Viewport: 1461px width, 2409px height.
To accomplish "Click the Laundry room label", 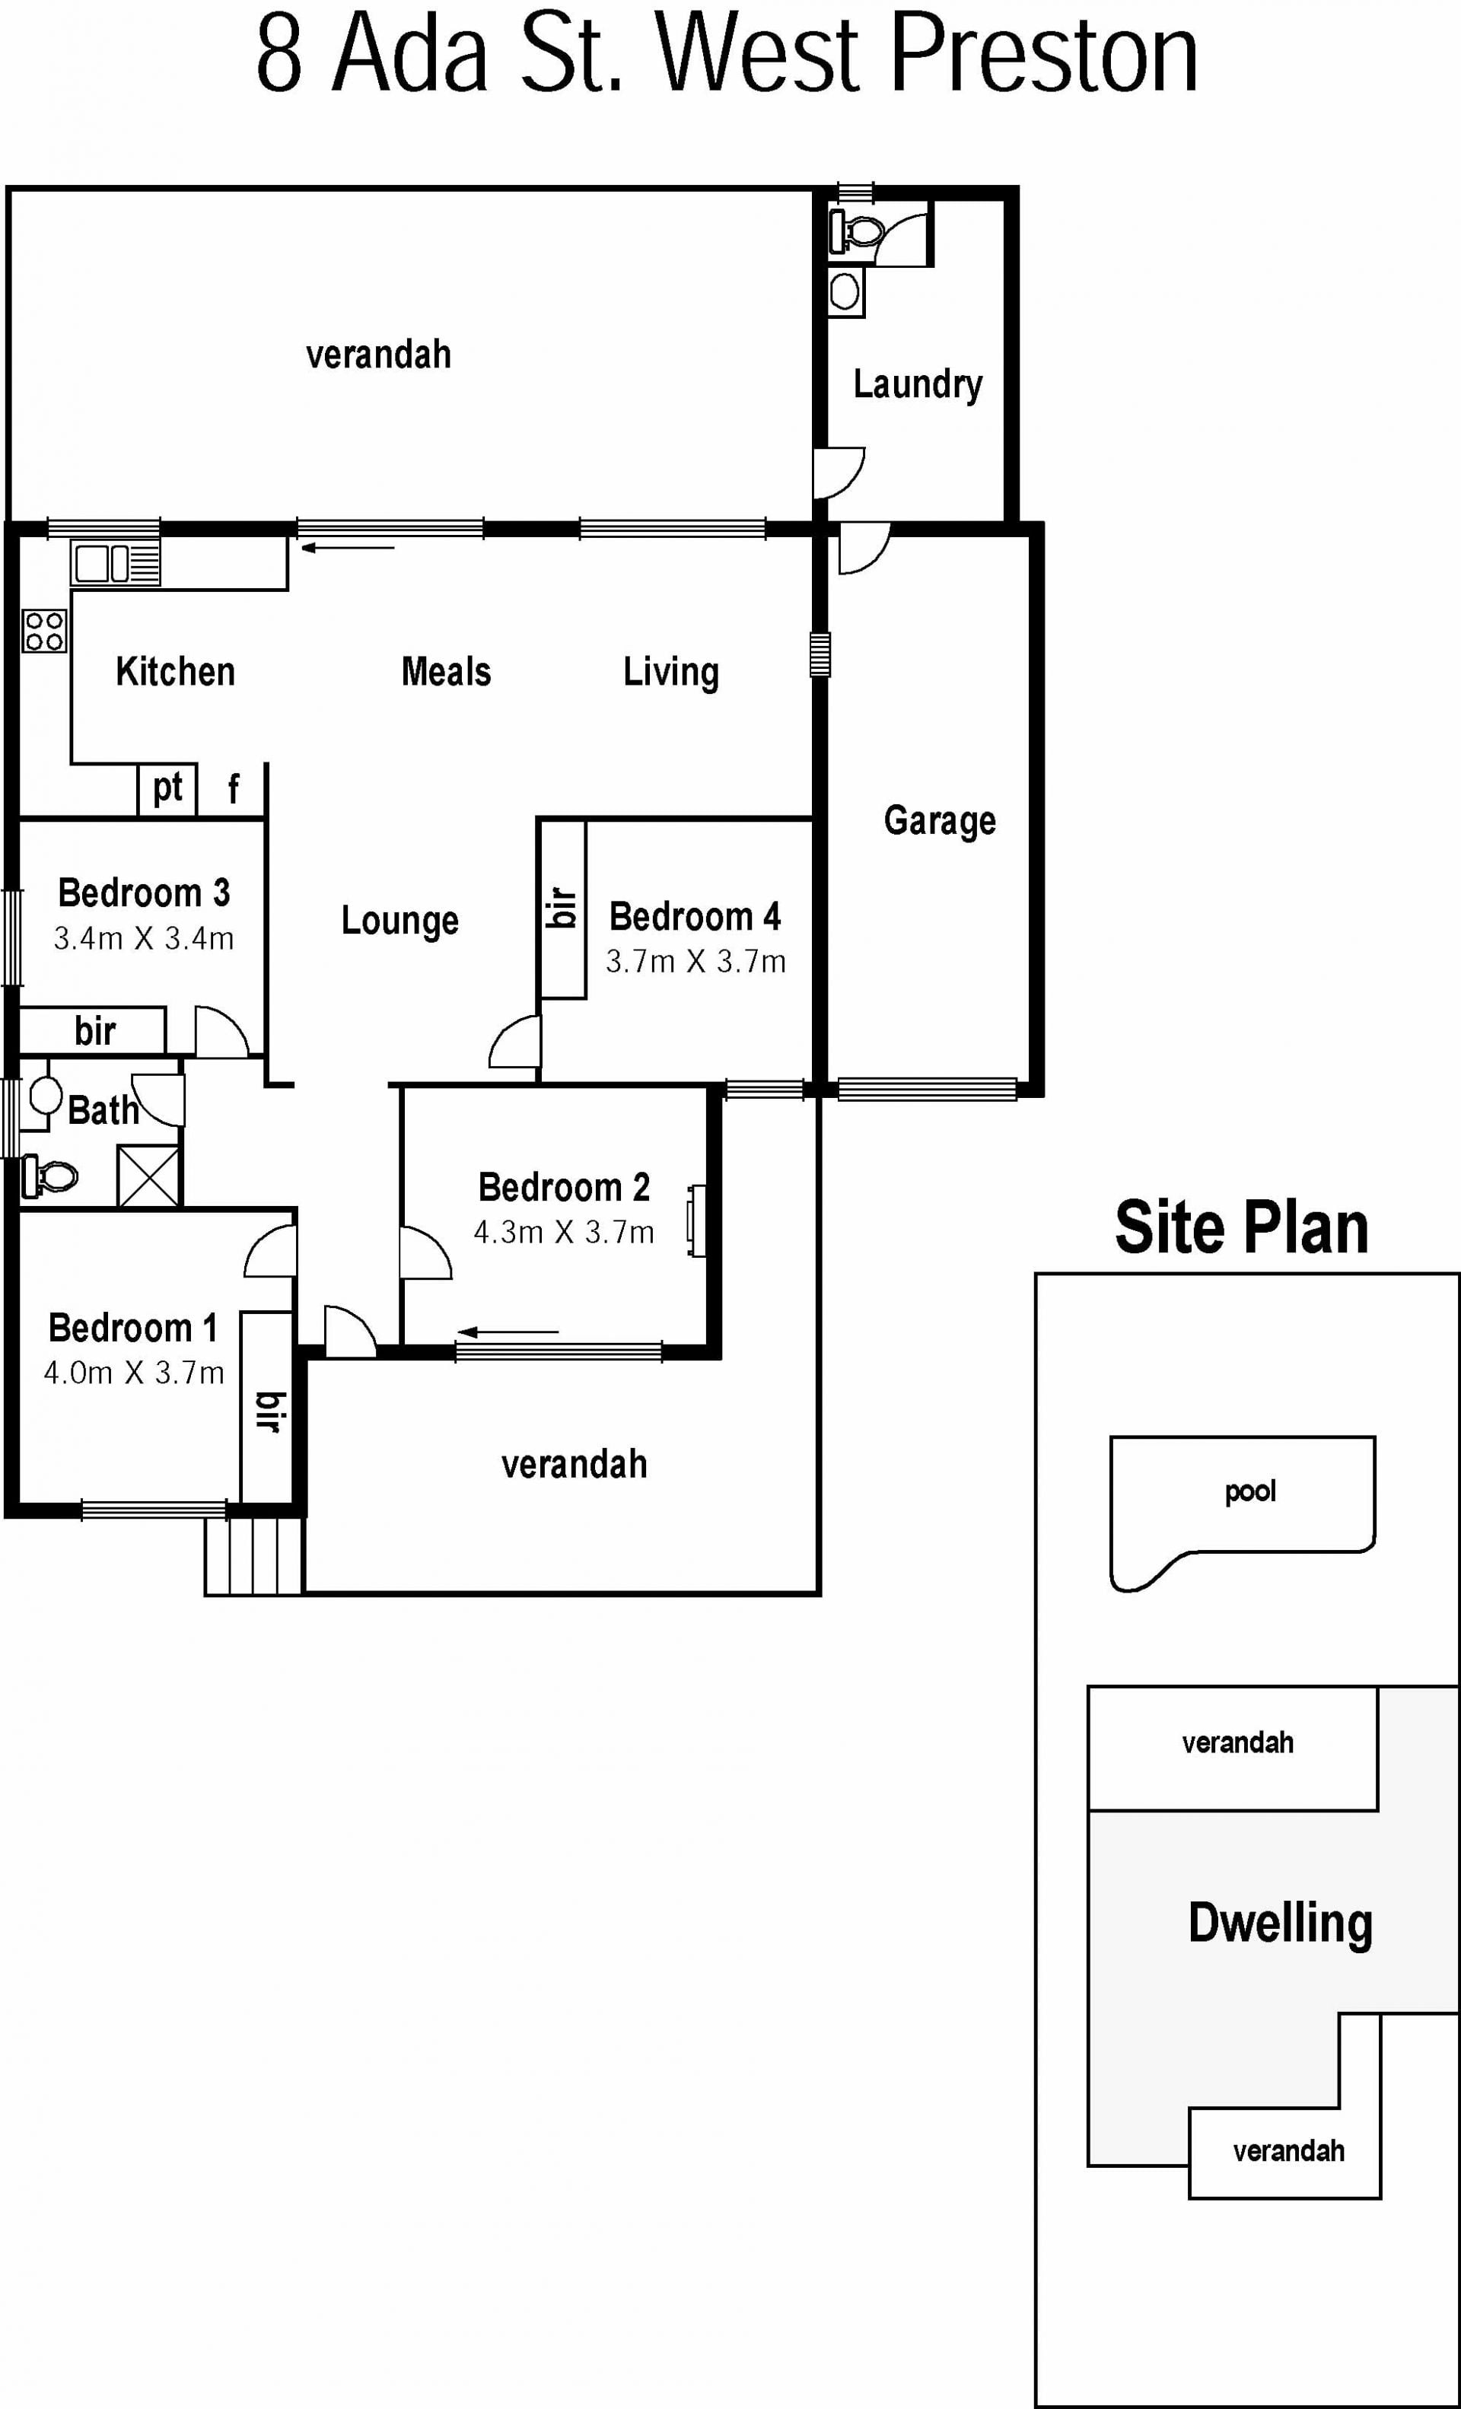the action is [x=917, y=384].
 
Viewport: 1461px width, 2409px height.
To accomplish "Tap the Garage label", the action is [x=940, y=821].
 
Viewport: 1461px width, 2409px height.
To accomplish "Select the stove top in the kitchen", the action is [x=45, y=631].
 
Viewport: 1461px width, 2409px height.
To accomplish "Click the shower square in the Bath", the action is [x=148, y=1176].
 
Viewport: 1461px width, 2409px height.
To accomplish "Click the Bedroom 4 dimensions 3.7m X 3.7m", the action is [x=695, y=962].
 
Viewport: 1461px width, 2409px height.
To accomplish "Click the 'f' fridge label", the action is [x=233, y=788].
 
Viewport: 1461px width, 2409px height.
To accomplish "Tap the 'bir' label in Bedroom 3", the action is [x=95, y=1030].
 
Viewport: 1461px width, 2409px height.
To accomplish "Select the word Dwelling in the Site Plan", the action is [x=1280, y=1923].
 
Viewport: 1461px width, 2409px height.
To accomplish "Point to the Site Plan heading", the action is [x=1242, y=1227].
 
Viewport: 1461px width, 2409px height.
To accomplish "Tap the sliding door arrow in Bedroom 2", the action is [x=508, y=1332].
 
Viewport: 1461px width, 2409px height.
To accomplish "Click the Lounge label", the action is [x=400, y=921].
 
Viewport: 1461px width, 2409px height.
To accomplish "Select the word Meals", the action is [x=446, y=673].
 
